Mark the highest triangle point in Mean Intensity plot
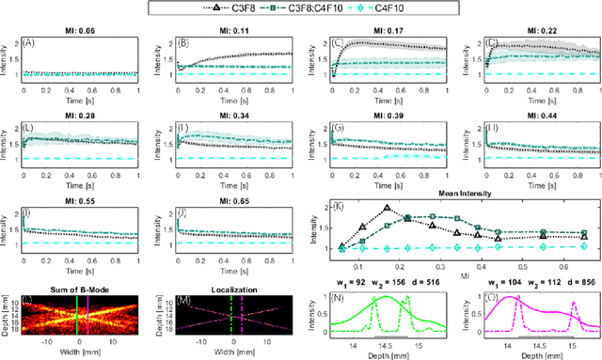(387, 208)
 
